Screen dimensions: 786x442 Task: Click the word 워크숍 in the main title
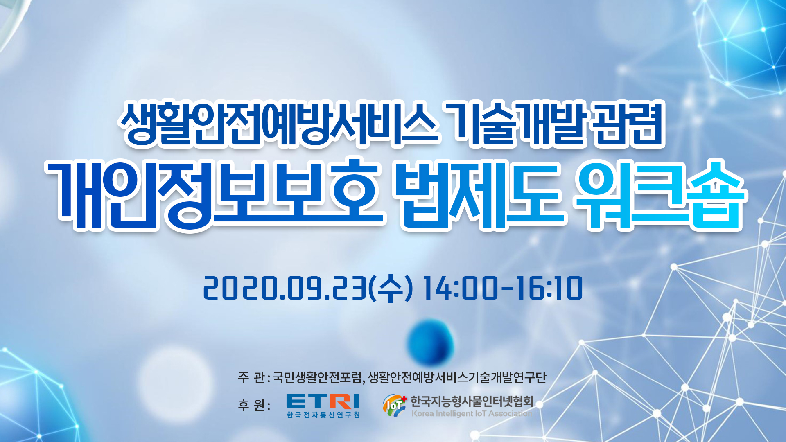coord(660,195)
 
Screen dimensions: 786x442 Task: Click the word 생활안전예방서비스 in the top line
coord(279,124)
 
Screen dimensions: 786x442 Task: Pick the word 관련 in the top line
coord(628,124)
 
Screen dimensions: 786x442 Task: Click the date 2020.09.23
coord(285,289)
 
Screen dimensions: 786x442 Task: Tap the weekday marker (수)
coord(391,289)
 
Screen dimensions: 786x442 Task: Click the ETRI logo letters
coord(323,401)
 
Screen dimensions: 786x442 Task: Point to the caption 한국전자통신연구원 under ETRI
coord(323,415)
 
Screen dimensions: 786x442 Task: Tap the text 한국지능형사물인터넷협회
coord(472,401)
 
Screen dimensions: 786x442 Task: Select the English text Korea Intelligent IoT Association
coord(472,413)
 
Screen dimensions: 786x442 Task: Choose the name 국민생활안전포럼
coord(317,377)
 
